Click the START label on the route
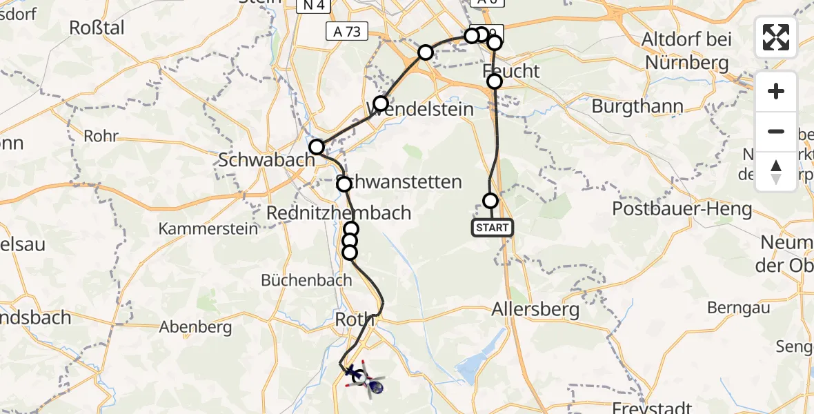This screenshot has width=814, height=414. (493, 228)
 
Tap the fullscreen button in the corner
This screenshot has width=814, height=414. (776, 37)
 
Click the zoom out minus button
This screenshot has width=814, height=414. (776, 131)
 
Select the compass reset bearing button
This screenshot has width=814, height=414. (776, 171)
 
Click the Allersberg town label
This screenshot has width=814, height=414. (535, 310)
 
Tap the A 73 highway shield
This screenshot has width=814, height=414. (347, 31)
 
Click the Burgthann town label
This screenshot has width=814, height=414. (637, 107)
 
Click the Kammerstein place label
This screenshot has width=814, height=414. (208, 228)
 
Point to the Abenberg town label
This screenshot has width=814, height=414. (195, 327)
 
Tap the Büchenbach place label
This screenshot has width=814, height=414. (306, 280)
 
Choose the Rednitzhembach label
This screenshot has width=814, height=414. (339, 213)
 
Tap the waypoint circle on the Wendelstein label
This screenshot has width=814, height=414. (381, 104)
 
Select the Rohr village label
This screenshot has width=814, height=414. (101, 136)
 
